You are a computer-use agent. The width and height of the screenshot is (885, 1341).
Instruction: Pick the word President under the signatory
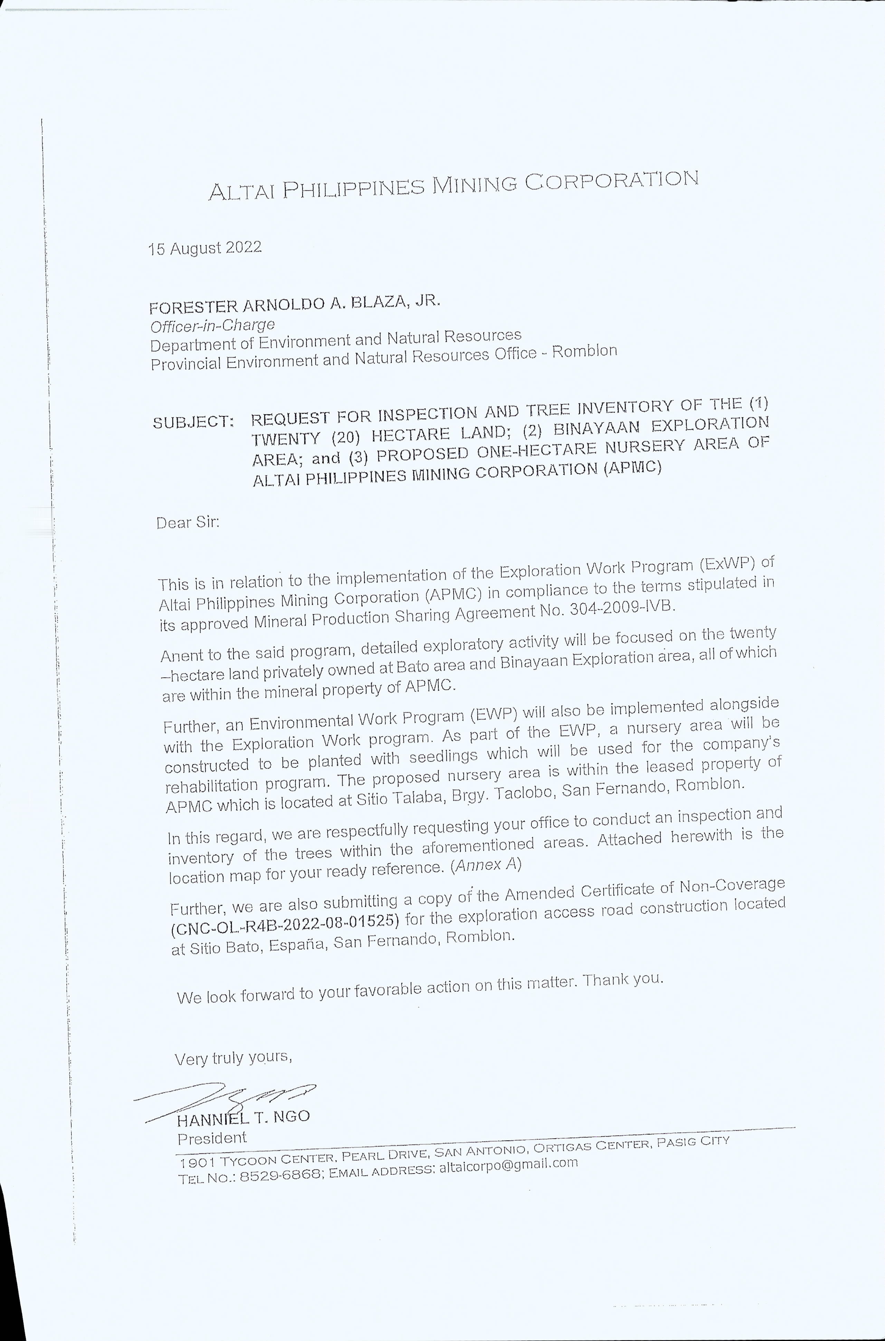pos(212,1138)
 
